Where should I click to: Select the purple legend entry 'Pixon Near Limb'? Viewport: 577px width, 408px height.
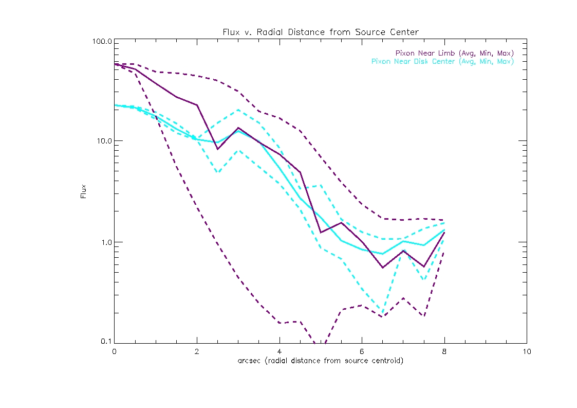click(454, 53)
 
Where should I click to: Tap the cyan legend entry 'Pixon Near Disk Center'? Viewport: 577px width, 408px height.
click(442, 61)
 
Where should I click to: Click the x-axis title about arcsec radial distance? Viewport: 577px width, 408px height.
click(320, 361)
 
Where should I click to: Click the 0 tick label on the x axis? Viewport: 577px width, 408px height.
click(114, 351)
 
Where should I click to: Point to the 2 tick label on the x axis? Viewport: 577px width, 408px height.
click(197, 351)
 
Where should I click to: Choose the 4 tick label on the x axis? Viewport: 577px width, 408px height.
click(279, 351)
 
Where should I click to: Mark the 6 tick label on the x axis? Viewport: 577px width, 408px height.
click(362, 351)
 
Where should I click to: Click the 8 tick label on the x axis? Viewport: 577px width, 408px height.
click(444, 351)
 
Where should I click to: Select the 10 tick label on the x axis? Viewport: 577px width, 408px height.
click(526, 351)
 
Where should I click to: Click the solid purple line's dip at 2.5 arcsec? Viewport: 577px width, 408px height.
click(217, 149)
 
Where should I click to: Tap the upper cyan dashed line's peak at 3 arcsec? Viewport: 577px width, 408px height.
click(238, 110)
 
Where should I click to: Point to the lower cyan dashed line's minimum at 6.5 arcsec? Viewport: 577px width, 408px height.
click(382, 313)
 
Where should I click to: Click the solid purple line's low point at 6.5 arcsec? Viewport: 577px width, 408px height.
click(382, 268)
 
